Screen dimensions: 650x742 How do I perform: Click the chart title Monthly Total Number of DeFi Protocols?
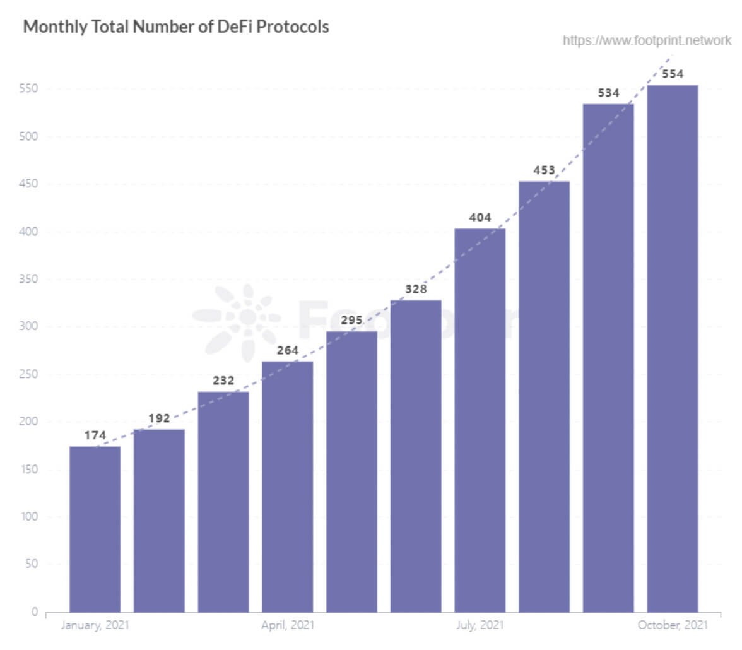pyautogui.click(x=176, y=27)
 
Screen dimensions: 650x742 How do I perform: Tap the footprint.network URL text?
pyautogui.click(x=647, y=42)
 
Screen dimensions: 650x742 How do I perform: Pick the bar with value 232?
pyautogui.click(x=223, y=502)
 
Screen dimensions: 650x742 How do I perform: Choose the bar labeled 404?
pyautogui.click(x=480, y=420)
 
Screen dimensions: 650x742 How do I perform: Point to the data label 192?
pyautogui.click(x=159, y=418)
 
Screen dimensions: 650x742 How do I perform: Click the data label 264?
pyautogui.click(x=288, y=350)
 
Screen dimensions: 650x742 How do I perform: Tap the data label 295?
pyautogui.click(x=352, y=320)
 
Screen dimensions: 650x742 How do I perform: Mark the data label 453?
pyautogui.click(x=544, y=170)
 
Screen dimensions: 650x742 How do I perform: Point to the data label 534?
pyautogui.click(x=608, y=93)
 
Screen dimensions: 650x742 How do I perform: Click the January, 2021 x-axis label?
pyautogui.click(x=94, y=625)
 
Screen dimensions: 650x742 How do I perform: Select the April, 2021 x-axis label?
pyautogui.click(x=288, y=625)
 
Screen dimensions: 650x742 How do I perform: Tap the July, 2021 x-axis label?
pyautogui.click(x=480, y=625)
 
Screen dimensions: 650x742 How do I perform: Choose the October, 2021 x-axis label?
pyautogui.click(x=673, y=625)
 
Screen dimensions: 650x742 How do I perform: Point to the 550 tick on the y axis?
pyautogui.click(x=30, y=88)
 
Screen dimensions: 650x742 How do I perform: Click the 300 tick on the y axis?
pyautogui.click(x=30, y=326)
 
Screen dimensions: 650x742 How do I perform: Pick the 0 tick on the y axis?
pyautogui.click(x=35, y=612)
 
